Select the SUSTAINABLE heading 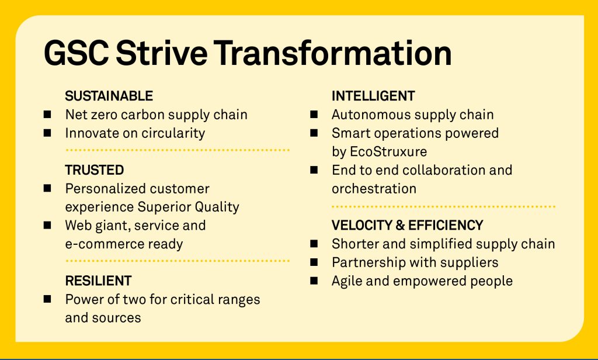109,96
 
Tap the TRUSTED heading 94,170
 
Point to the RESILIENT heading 98,281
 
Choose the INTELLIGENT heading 373,96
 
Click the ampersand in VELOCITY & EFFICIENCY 400,225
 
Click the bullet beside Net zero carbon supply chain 47,114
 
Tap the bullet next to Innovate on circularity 47,133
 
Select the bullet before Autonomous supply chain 314,114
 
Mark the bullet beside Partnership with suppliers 314,262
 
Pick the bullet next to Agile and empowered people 314,281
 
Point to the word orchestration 374,189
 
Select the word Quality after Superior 217,207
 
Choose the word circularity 173,133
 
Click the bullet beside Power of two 47,299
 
